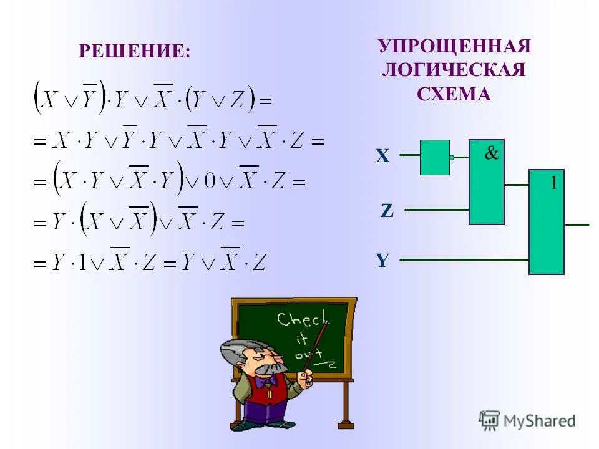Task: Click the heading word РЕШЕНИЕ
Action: (x=134, y=51)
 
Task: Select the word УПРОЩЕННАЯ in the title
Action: (x=454, y=47)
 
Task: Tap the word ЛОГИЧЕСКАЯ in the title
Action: (x=454, y=70)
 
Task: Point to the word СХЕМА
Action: (x=454, y=94)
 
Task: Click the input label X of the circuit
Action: (x=382, y=157)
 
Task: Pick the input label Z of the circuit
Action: (x=387, y=211)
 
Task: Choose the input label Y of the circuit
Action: (x=382, y=261)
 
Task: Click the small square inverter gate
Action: (x=434, y=157)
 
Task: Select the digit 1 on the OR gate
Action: (x=553, y=183)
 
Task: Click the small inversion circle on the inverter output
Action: (x=452, y=158)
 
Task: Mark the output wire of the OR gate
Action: (x=576, y=223)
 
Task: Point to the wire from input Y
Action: (x=462, y=259)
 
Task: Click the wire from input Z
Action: (x=437, y=210)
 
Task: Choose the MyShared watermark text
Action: (x=538, y=421)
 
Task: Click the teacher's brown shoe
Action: (x=287, y=425)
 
